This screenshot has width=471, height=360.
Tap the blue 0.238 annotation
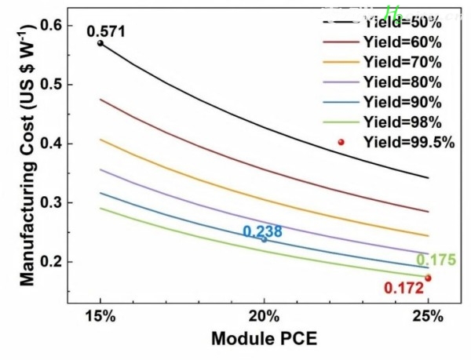click(263, 231)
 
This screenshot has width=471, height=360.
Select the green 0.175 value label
click(436, 260)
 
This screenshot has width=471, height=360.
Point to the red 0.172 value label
click(403, 288)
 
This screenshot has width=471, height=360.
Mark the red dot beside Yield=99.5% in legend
click(341, 142)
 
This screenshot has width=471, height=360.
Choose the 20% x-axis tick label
click(264, 316)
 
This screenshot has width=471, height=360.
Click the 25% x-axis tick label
click(428, 316)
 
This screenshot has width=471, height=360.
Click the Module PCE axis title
click(264, 340)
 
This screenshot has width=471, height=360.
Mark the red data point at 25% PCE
click(428, 278)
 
